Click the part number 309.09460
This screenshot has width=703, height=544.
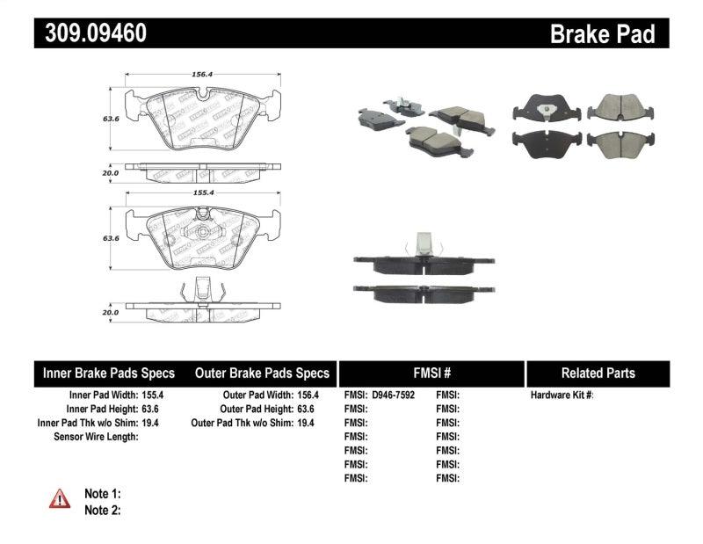tap(91, 33)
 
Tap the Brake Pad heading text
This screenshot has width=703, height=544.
tap(602, 34)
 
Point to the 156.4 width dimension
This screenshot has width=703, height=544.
tap(202, 75)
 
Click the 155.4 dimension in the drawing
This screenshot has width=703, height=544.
tap(202, 191)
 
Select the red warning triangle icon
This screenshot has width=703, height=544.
tap(59, 498)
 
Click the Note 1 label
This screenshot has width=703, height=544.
tap(102, 494)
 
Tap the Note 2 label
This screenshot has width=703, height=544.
tap(102, 510)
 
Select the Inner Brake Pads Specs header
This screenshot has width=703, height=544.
tap(109, 374)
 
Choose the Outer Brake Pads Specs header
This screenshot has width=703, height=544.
tap(262, 374)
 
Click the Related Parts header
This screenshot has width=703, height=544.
tap(598, 374)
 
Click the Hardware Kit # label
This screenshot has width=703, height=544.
tap(562, 395)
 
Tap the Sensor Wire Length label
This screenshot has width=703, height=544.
tap(96, 437)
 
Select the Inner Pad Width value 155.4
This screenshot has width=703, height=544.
tap(155, 395)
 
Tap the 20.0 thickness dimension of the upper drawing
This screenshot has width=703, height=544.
tap(110, 173)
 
